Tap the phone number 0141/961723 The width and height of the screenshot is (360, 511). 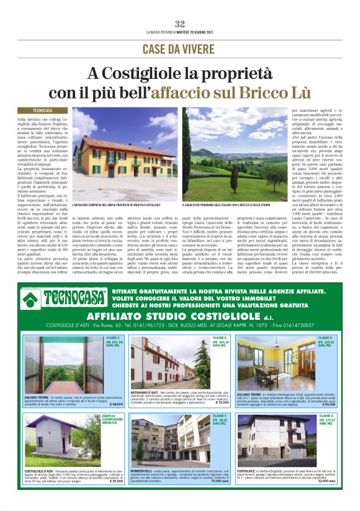click(x=153, y=325)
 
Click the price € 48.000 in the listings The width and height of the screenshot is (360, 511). click(x=106, y=404)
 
